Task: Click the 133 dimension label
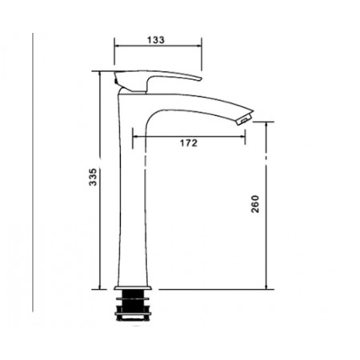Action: click(x=156, y=40)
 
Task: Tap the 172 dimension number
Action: click(x=189, y=143)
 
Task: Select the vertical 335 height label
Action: click(x=93, y=177)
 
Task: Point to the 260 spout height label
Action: click(x=255, y=204)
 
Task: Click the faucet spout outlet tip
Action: click(x=245, y=120)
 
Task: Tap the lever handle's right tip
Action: click(x=201, y=78)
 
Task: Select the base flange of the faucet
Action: click(x=133, y=288)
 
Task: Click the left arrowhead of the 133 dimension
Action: click(x=116, y=46)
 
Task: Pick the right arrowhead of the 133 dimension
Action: click(x=199, y=46)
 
